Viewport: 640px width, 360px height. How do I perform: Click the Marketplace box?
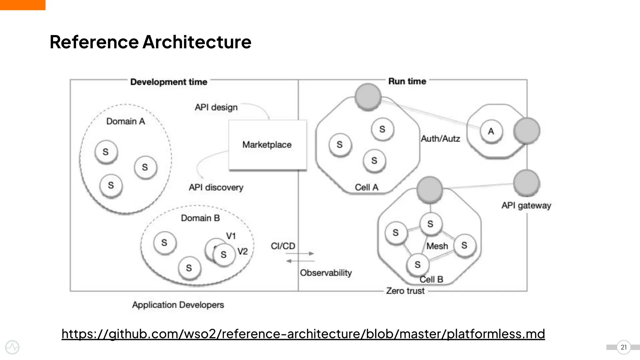(267, 145)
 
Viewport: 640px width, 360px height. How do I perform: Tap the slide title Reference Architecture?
(150, 42)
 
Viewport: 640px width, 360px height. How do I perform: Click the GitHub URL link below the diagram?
(303, 334)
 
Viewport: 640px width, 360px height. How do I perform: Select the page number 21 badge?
(623, 347)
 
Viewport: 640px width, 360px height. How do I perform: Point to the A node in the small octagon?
(491, 131)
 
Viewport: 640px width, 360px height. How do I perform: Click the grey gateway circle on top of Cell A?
(368, 97)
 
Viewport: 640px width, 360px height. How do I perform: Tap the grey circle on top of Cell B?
(430, 189)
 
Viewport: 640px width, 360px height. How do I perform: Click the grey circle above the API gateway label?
(527, 183)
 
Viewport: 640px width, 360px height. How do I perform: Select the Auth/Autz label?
(440, 139)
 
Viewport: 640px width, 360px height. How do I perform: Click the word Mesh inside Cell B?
(437, 246)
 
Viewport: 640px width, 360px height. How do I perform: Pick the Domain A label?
(126, 121)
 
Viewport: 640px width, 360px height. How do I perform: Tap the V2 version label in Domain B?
(242, 251)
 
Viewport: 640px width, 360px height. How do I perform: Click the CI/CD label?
(283, 246)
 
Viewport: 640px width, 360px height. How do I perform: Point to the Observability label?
(326, 273)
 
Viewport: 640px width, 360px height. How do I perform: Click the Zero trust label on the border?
(405, 291)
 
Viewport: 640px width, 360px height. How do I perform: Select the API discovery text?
(216, 187)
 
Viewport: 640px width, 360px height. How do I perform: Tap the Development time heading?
(169, 82)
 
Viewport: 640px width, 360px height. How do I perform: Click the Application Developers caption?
(178, 305)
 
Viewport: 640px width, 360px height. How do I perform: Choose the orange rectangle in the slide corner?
(22, 5)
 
